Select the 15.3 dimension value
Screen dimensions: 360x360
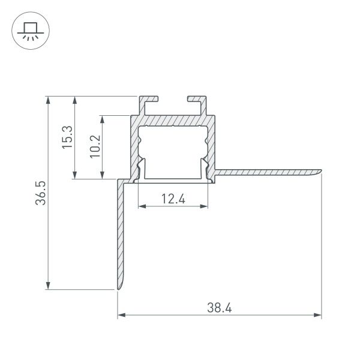(67, 137)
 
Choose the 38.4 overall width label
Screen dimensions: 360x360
(220, 308)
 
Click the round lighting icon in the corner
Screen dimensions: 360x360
(28, 29)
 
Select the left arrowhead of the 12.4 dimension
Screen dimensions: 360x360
(142, 207)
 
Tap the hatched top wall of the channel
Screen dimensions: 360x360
(173, 121)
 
